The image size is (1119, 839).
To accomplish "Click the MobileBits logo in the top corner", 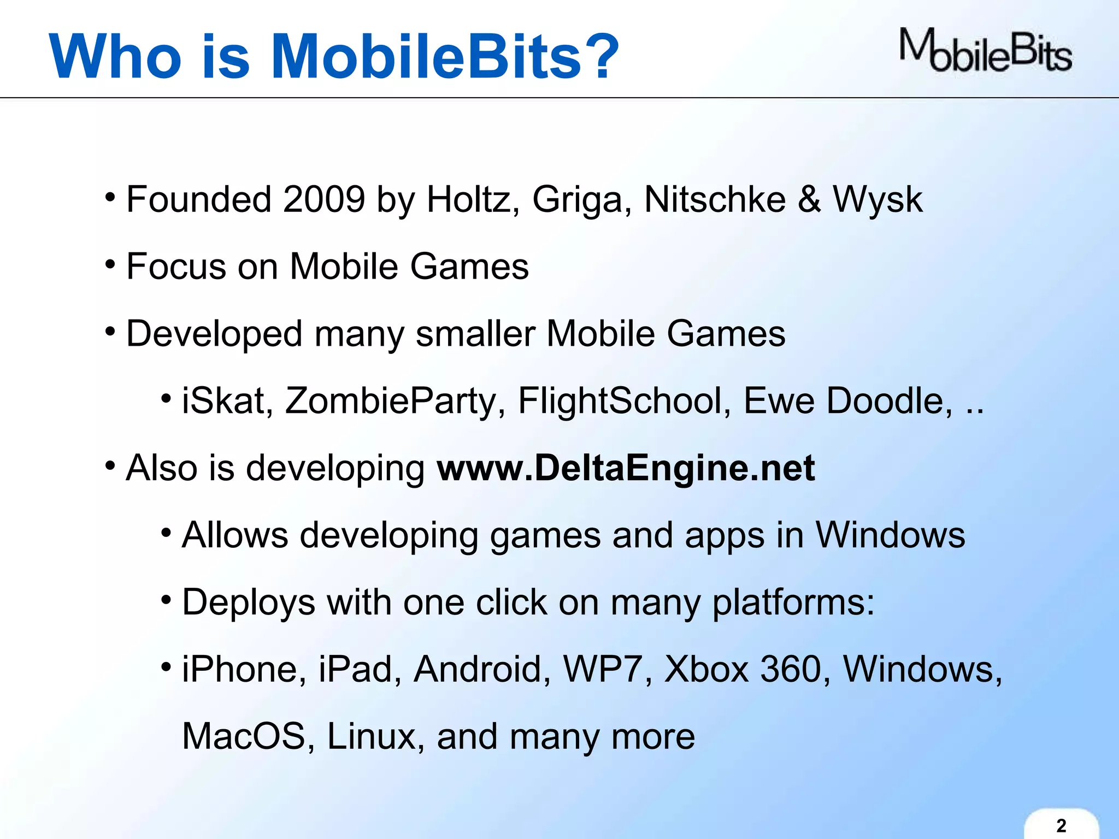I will [986, 51].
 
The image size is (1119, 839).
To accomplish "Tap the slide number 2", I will [1061, 825].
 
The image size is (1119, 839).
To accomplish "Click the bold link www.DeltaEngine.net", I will [626, 468].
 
